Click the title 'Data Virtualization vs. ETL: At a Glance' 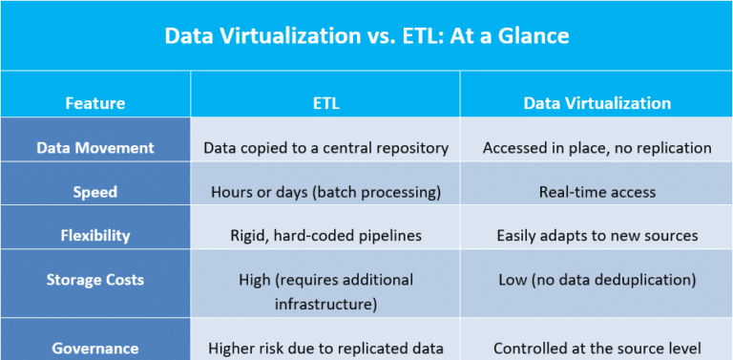click(x=366, y=36)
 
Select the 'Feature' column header click(x=94, y=103)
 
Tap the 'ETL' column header click(x=325, y=103)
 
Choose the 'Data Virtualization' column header click(x=597, y=103)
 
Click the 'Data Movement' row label click(x=94, y=148)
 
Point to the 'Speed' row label click(x=94, y=192)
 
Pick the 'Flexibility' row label click(x=94, y=235)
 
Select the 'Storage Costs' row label click(x=94, y=280)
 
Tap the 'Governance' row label click(x=94, y=349)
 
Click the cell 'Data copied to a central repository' click(x=325, y=148)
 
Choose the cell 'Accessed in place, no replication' click(x=597, y=148)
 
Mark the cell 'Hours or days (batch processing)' click(x=325, y=192)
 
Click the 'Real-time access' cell click(x=597, y=192)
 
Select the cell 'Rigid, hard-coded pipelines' click(x=325, y=235)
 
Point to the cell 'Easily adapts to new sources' click(x=597, y=235)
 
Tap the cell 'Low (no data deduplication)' click(x=597, y=280)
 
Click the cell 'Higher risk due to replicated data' click(x=325, y=349)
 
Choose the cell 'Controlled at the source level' click(x=597, y=349)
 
